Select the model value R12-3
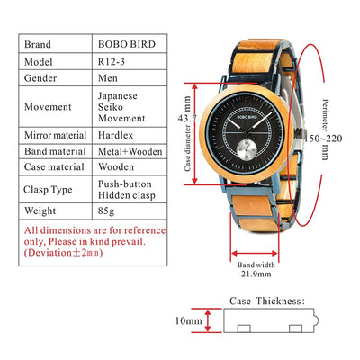pos(112,62)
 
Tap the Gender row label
pos(40,78)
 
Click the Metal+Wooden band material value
pos(130,151)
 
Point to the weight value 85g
pos(106,211)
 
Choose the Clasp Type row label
pos(48,190)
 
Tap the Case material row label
pos(54,167)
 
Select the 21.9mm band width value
pos(256,274)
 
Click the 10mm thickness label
pos(189,320)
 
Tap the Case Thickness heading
pos(267,301)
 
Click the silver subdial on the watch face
pos(246,149)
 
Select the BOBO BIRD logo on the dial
pos(247,117)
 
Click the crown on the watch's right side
pos(300,132)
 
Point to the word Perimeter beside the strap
pos(325,116)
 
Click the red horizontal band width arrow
pos(255,254)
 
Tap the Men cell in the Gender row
pos(108,78)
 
